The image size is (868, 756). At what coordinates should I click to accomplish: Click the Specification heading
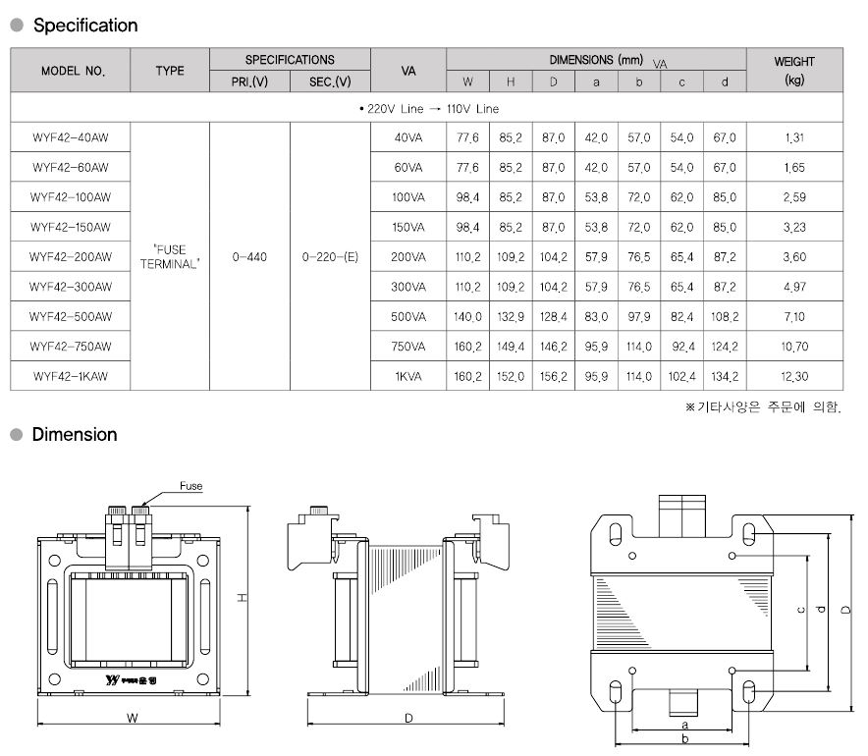pos(85,26)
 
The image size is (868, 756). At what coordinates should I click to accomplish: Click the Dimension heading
pos(75,434)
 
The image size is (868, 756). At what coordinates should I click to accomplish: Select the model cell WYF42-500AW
pos(71,316)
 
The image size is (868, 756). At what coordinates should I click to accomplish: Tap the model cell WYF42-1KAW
pos(71,376)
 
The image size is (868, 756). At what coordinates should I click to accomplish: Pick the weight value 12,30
pos(794,376)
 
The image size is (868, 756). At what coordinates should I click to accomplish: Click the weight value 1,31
pos(794,137)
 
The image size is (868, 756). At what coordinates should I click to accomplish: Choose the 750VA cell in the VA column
pos(408,347)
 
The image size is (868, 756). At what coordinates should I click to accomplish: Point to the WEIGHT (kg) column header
pos(794,71)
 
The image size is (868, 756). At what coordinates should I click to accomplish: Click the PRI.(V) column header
pos(249,81)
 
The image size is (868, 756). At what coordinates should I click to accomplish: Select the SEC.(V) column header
pos(330,81)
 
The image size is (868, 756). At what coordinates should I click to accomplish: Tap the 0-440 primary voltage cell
pos(249,257)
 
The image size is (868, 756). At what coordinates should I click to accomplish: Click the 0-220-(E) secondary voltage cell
pos(330,257)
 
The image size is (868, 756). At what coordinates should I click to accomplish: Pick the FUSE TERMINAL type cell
pos(170,257)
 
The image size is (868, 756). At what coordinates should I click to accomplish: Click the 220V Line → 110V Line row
pos(429,108)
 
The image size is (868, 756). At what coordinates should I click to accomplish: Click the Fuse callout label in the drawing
pos(191,486)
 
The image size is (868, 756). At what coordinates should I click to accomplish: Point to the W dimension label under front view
pos(133,718)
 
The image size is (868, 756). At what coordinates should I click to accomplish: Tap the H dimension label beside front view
pos(243,598)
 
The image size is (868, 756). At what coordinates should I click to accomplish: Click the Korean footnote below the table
pos(763,407)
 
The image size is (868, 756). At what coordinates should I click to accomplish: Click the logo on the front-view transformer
pos(131,679)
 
